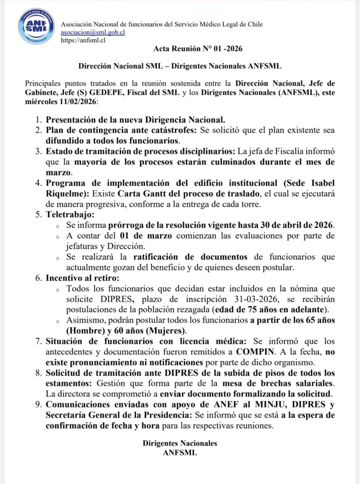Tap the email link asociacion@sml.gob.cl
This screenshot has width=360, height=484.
[x=93, y=33]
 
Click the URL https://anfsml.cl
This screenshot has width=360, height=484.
[x=83, y=40]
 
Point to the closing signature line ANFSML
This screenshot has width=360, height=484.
[x=180, y=452]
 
